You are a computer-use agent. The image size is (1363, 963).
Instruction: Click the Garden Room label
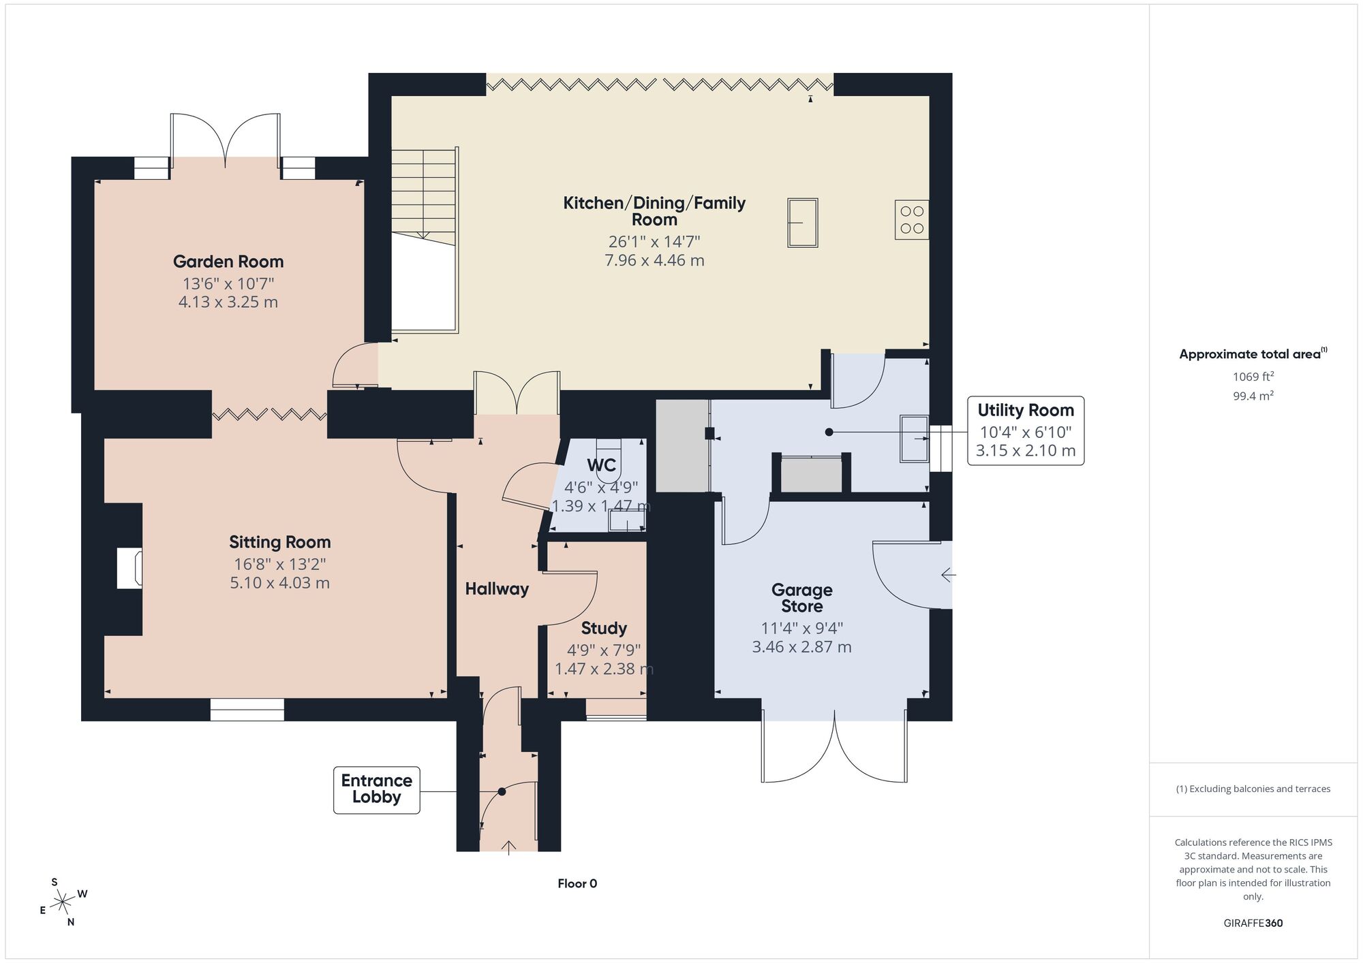(x=228, y=262)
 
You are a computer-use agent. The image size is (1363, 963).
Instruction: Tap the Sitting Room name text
(x=280, y=542)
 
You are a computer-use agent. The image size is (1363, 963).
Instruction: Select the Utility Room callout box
(x=1026, y=431)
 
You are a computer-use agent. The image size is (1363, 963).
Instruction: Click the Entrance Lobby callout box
(x=377, y=790)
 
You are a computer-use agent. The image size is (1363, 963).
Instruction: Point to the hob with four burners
(x=912, y=219)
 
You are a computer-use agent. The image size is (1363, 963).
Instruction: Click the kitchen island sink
(x=803, y=223)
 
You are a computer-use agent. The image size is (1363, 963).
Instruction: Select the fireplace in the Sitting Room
(x=129, y=568)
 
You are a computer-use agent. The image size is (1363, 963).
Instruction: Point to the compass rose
(x=63, y=902)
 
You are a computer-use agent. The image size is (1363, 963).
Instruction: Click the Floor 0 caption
(x=577, y=884)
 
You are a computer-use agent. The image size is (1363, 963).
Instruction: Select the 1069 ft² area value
(x=1253, y=377)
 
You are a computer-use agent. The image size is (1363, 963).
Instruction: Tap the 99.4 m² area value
(x=1253, y=396)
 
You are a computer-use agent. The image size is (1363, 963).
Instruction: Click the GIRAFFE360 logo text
(x=1253, y=923)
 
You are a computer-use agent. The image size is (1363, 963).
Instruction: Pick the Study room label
(x=604, y=629)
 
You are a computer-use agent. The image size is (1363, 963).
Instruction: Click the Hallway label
(x=497, y=589)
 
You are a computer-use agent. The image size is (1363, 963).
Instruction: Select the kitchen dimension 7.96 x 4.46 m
(x=654, y=260)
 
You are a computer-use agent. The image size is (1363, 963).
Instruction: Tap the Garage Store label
(x=802, y=598)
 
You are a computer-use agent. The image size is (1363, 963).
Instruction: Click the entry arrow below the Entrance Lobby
(x=509, y=847)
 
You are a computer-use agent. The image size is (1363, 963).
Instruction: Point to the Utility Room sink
(x=914, y=439)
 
